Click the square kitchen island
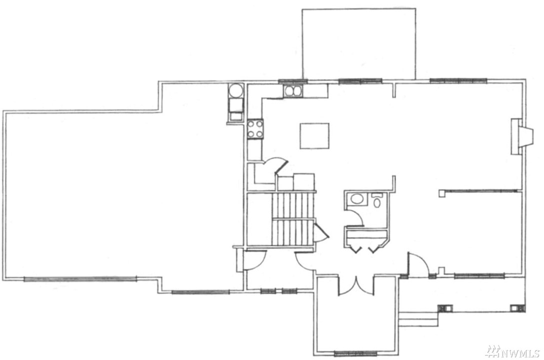314,136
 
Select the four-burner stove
255,129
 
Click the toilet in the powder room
377,200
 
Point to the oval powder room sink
356,199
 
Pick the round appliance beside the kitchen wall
236,90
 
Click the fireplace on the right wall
522,137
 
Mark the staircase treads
293,219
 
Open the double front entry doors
356,286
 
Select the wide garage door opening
80,279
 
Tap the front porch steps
418,319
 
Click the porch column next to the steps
445,309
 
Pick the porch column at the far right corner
518,309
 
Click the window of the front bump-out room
355,354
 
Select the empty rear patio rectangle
359,44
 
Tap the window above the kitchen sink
293,81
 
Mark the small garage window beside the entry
200,292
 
